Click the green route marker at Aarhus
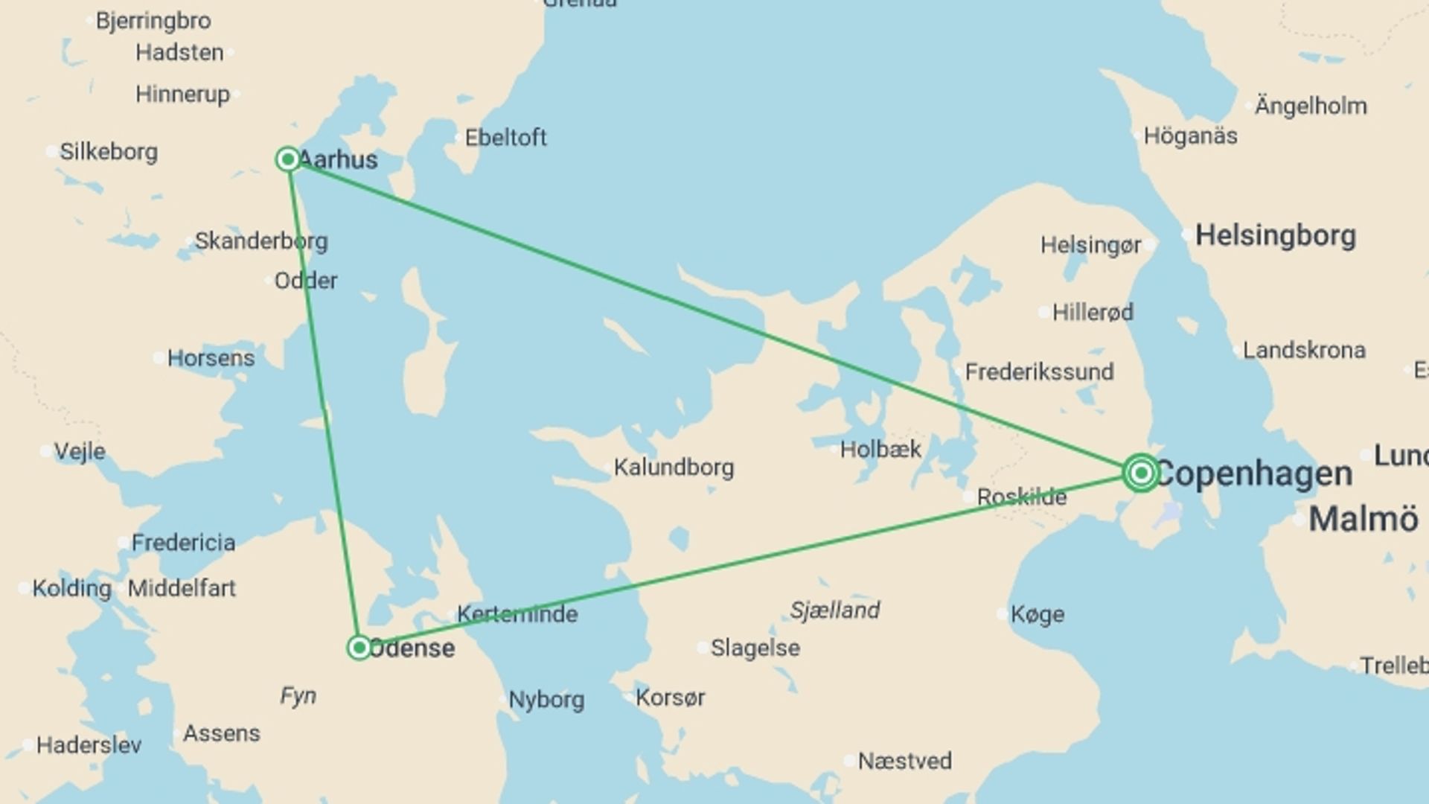tap(288, 159)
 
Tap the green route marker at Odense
tap(359, 648)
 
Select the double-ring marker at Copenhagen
tap(1141, 473)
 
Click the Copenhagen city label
tap(1254, 474)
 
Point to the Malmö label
tap(1364, 519)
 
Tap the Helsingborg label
tap(1276, 236)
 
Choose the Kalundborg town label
tap(674, 468)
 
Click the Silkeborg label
tap(109, 152)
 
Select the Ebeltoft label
tap(506, 138)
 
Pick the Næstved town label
tap(905, 761)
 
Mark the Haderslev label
tap(89, 745)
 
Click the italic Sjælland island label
tap(835, 610)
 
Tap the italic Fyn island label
tap(298, 696)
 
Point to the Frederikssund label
tap(1040, 371)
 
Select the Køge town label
tap(1038, 615)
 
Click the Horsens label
tap(211, 358)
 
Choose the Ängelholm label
tap(1311, 106)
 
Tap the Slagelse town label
tap(755, 648)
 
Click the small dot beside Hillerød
tap(1045, 313)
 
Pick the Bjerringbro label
tap(153, 21)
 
